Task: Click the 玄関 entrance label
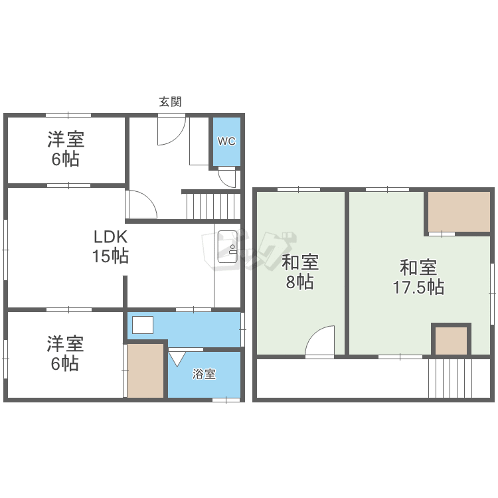click(x=170, y=102)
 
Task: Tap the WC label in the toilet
click(x=226, y=141)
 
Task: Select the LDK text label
click(x=110, y=236)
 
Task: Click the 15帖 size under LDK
click(x=110, y=256)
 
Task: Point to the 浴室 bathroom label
click(x=204, y=374)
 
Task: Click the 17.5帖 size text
click(x=418, y=287)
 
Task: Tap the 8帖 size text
click(x=300, y=282)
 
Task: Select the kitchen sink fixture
click(x=227, y=246)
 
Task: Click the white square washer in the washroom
click(x=143, y=325)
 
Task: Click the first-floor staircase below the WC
click(x=213, y=206)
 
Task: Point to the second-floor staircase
click(x=459, y=378)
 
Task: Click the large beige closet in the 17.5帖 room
click(x=459, y=212)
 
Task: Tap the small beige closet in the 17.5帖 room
click(x=451, y=341)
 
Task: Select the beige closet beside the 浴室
click(x=145, y=371)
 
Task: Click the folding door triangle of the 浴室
click(x=177, y=359)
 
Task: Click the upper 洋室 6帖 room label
click(x=66, y=149)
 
